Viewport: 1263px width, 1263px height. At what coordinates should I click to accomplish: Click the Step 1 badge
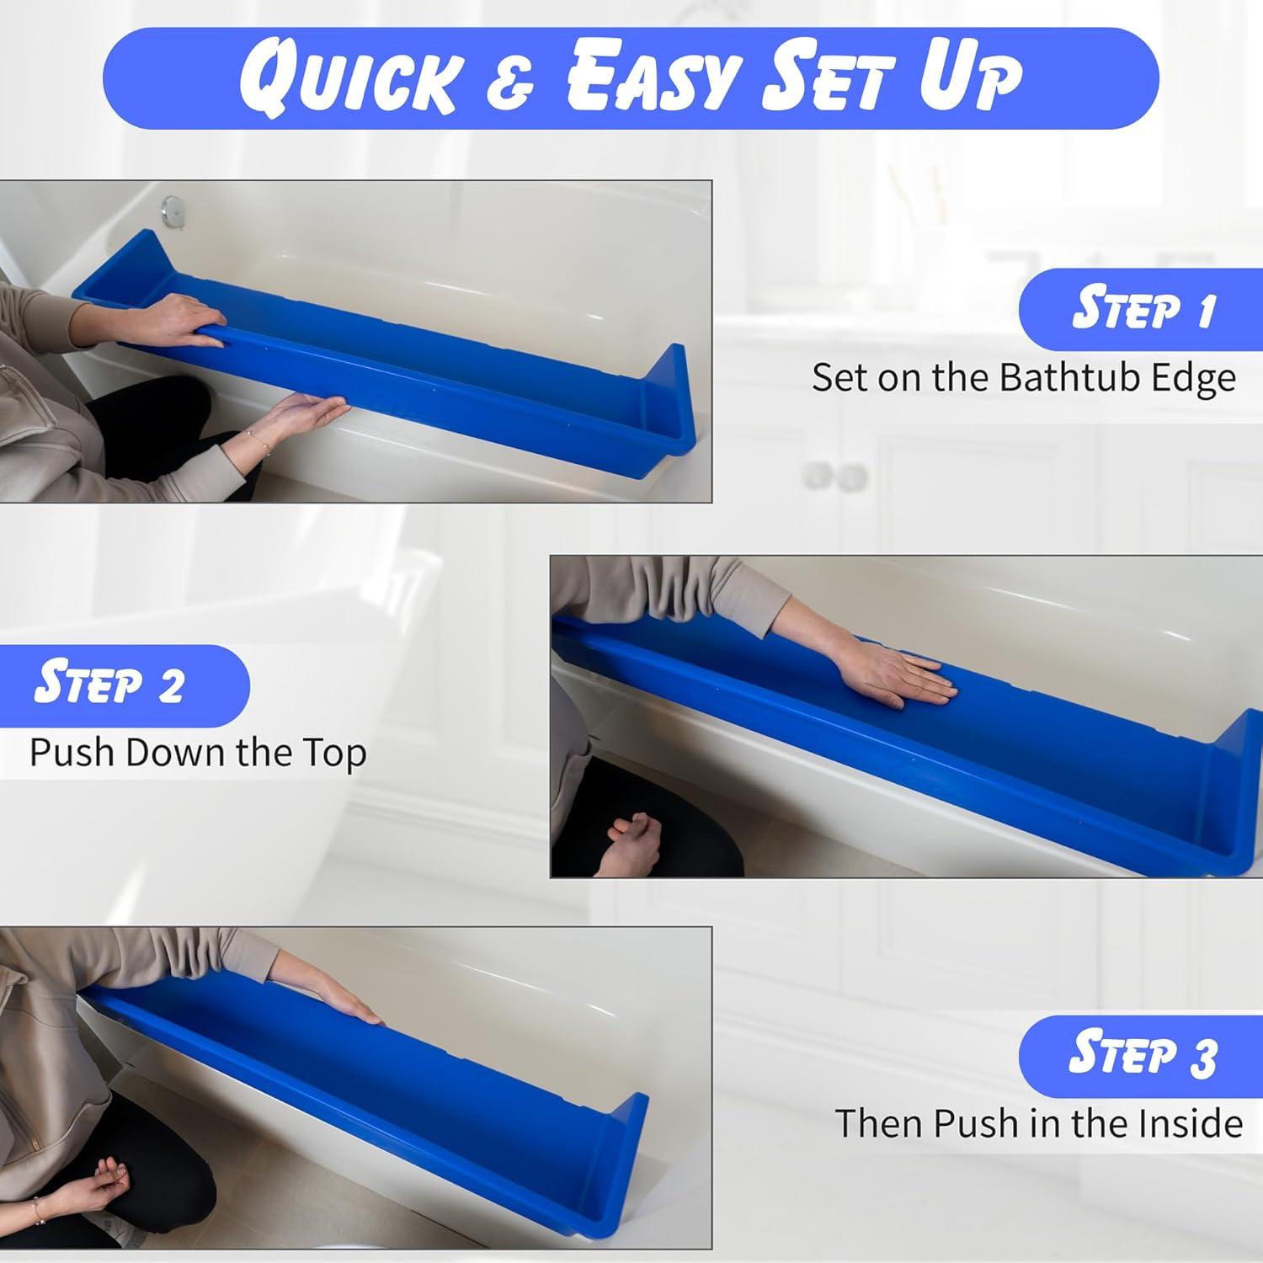[x=1142, y=309]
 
